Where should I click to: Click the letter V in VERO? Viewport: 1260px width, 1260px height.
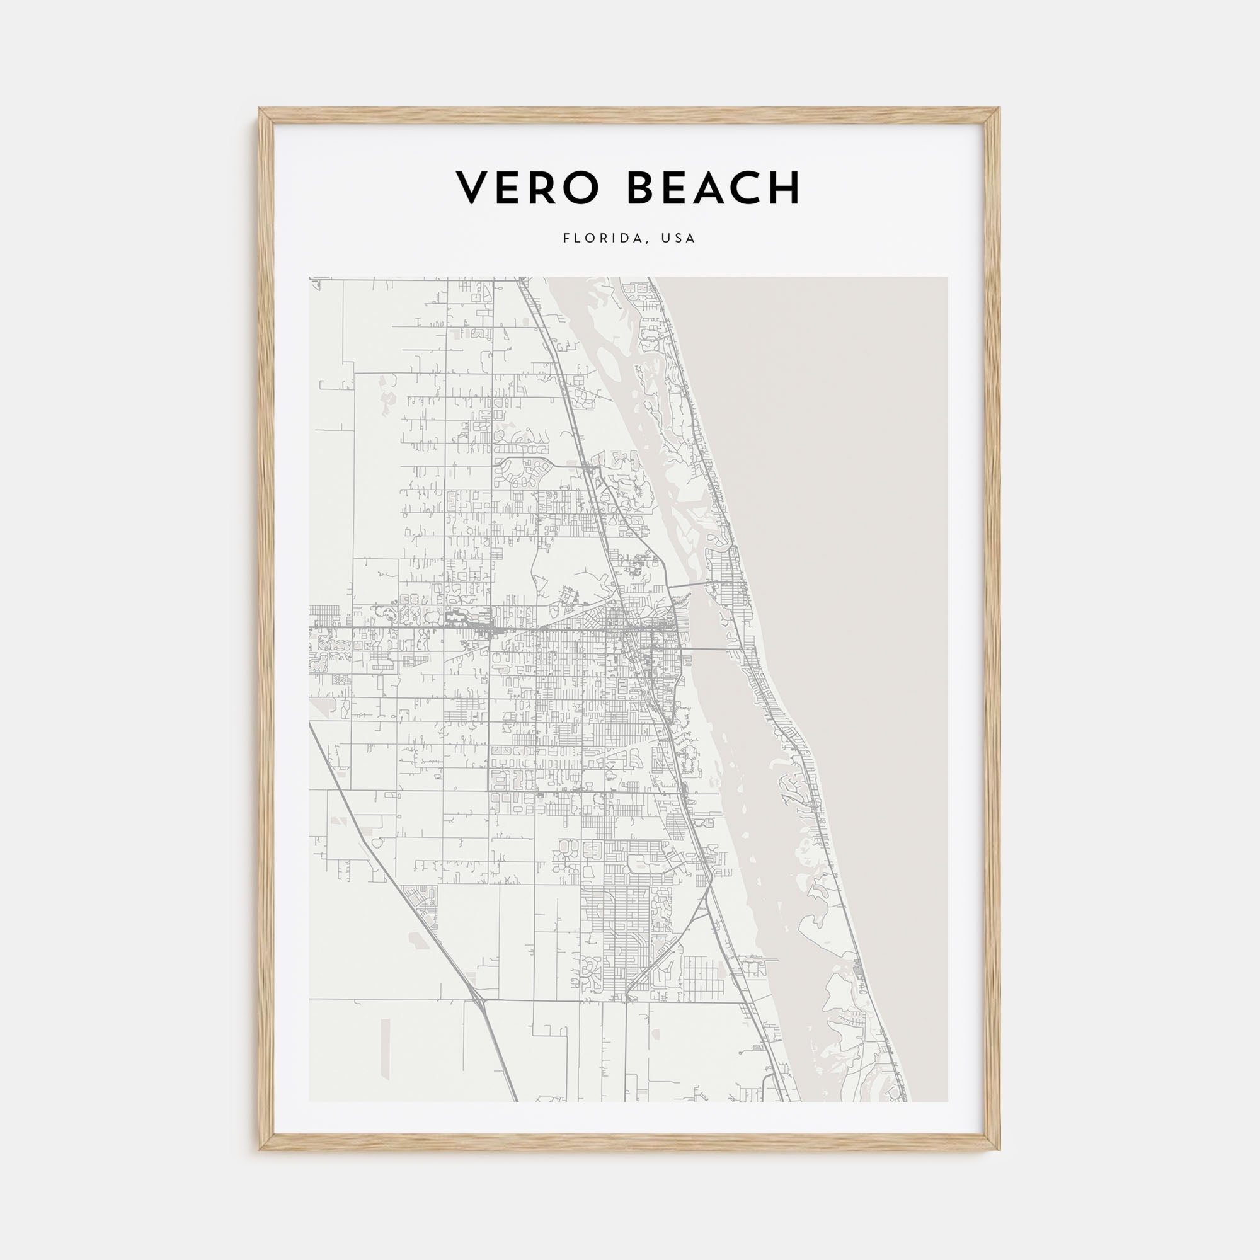(x=471, y=188)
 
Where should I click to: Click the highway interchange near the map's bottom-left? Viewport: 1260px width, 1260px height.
(x=479, y=1016)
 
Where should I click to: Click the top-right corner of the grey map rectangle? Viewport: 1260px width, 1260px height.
(x=948, y=278)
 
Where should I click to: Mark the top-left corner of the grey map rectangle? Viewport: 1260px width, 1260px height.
(x=310, y=278)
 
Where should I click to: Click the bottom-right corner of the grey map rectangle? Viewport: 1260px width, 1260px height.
(x=948, y=1101)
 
